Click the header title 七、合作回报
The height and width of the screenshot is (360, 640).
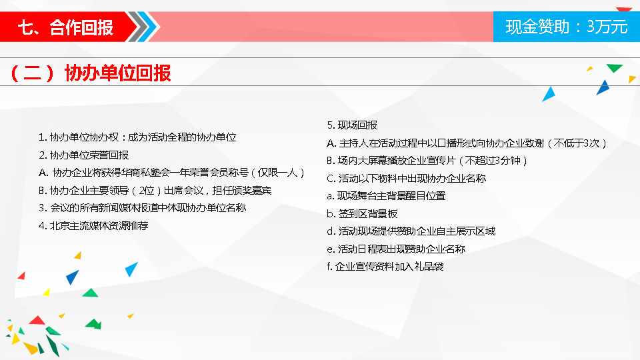[65, 28]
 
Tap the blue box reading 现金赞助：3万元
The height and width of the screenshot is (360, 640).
[567, 27]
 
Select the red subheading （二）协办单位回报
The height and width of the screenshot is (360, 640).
[91, 73]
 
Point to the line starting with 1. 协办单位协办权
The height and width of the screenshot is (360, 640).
[137, 137]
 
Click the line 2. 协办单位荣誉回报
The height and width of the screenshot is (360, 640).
[84, 155]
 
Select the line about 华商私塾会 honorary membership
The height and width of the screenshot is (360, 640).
[172, 173]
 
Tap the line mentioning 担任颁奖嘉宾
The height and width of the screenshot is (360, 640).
[155, 191]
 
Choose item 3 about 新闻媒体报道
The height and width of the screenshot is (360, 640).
[143, 208]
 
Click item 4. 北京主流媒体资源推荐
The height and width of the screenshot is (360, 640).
[93, 226]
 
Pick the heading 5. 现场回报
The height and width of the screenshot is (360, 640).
[352, 125]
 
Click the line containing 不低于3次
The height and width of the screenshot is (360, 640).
[467, 143]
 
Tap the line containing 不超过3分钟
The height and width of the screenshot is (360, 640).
[427, 161]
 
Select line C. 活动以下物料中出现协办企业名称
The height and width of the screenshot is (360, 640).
[407, 179]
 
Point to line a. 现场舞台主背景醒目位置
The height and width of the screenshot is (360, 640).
[386, 196]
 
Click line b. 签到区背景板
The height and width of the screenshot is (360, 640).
[362, 214]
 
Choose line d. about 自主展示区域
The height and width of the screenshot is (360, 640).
[411, 231]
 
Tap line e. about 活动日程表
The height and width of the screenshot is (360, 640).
[396, 249]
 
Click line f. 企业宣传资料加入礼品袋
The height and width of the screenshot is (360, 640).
[385, 267]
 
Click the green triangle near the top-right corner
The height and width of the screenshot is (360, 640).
[614, 67]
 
